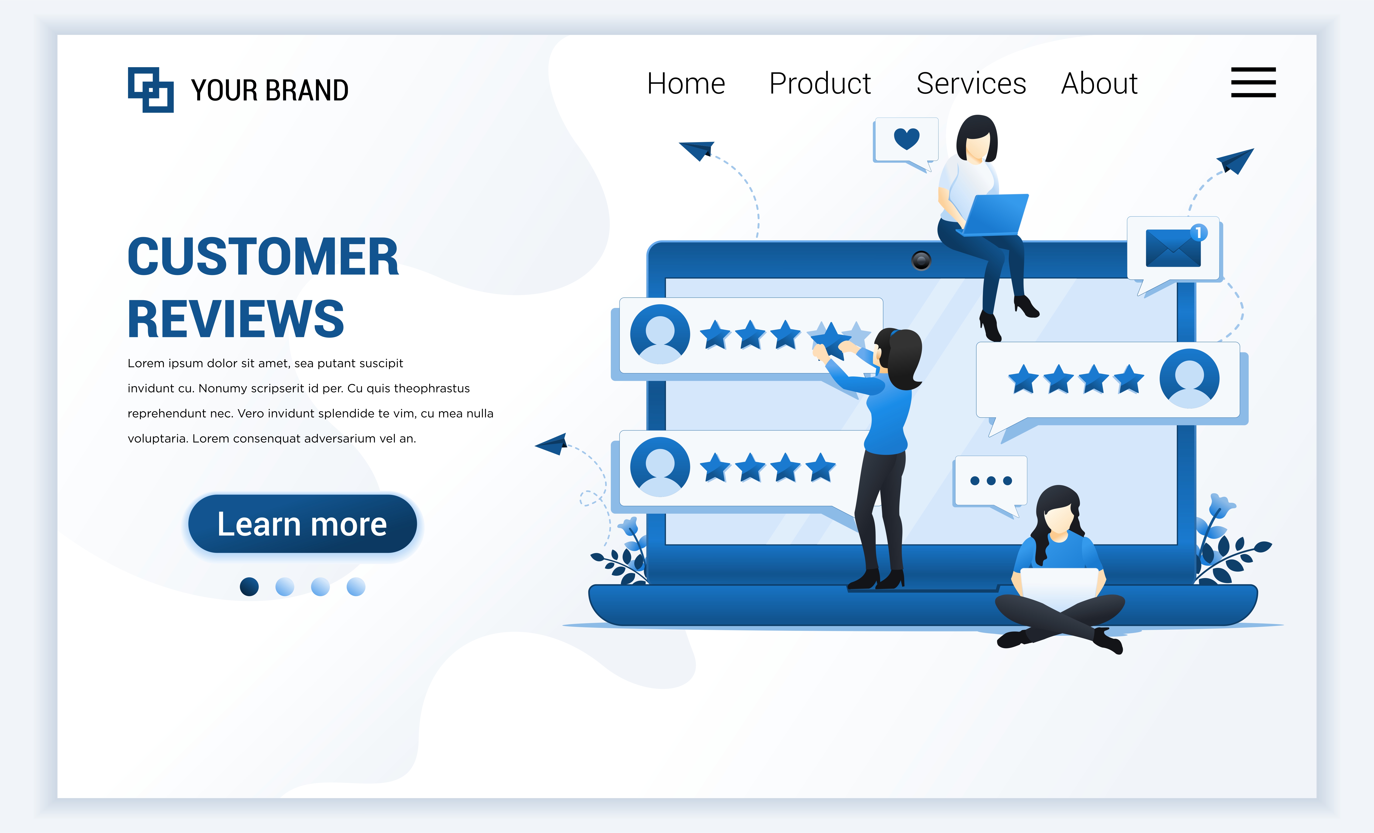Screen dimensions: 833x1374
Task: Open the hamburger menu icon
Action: click(x=1253, y=82)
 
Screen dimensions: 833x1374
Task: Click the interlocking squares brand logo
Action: click(x=151, y=90)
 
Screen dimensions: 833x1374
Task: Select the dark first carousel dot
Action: click(x=249, y=587)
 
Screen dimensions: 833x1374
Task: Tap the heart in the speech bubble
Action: click(x=906, y=138)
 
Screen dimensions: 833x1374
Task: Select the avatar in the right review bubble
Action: click(x=1189, y=379)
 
